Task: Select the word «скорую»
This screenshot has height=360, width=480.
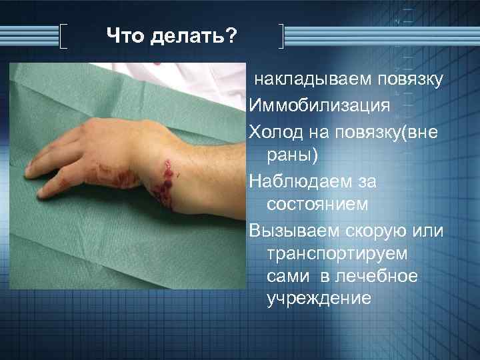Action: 379,230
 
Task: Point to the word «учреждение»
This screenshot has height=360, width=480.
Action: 318,299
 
